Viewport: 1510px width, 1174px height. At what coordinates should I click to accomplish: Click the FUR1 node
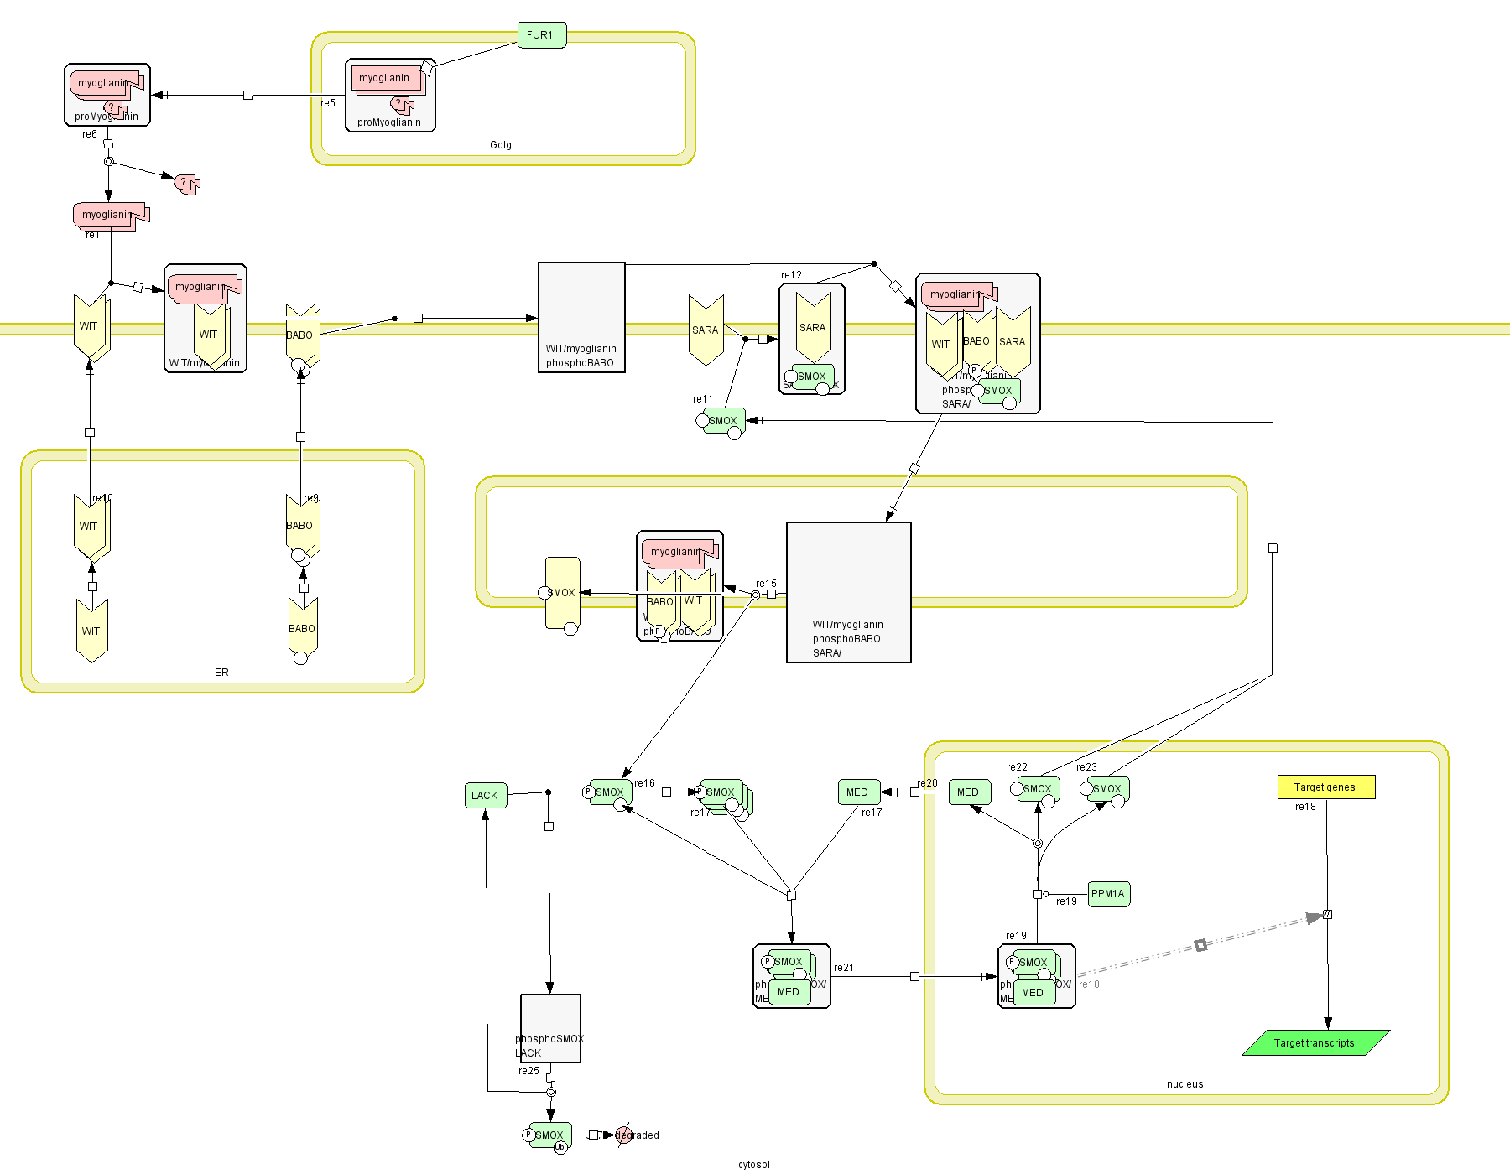tap(541, 35)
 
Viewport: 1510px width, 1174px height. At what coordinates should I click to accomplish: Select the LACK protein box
tap(486, 796)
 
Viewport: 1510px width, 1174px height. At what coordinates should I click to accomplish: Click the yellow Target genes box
tap(1325, 787)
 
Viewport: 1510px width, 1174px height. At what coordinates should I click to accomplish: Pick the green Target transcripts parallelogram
tap(1315, 1043)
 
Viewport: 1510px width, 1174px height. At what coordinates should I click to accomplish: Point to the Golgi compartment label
tap(502, 145)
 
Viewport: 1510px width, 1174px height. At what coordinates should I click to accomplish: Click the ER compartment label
tap(221, 673)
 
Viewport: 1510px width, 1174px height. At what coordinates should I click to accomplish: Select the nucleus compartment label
tap(1185, 1084)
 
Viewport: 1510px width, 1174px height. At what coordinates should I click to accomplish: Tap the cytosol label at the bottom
tap(753, 1165)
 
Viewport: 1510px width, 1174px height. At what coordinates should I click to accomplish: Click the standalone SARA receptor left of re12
tap(706, 330)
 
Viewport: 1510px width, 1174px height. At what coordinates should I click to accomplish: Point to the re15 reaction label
tap(766, 584)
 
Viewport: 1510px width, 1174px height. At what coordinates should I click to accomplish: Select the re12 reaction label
tap(791, 275)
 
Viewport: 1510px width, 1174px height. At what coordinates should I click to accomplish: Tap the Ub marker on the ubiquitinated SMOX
tap(560, 1147)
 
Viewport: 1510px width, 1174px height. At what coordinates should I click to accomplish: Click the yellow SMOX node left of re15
tap(562, 593)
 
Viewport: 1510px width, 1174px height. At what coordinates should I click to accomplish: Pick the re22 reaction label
tap(1017, 767)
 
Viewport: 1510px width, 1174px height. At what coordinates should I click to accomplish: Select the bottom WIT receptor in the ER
tap(91, 631)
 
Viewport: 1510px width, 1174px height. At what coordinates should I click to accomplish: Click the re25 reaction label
tap(528, 1071)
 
